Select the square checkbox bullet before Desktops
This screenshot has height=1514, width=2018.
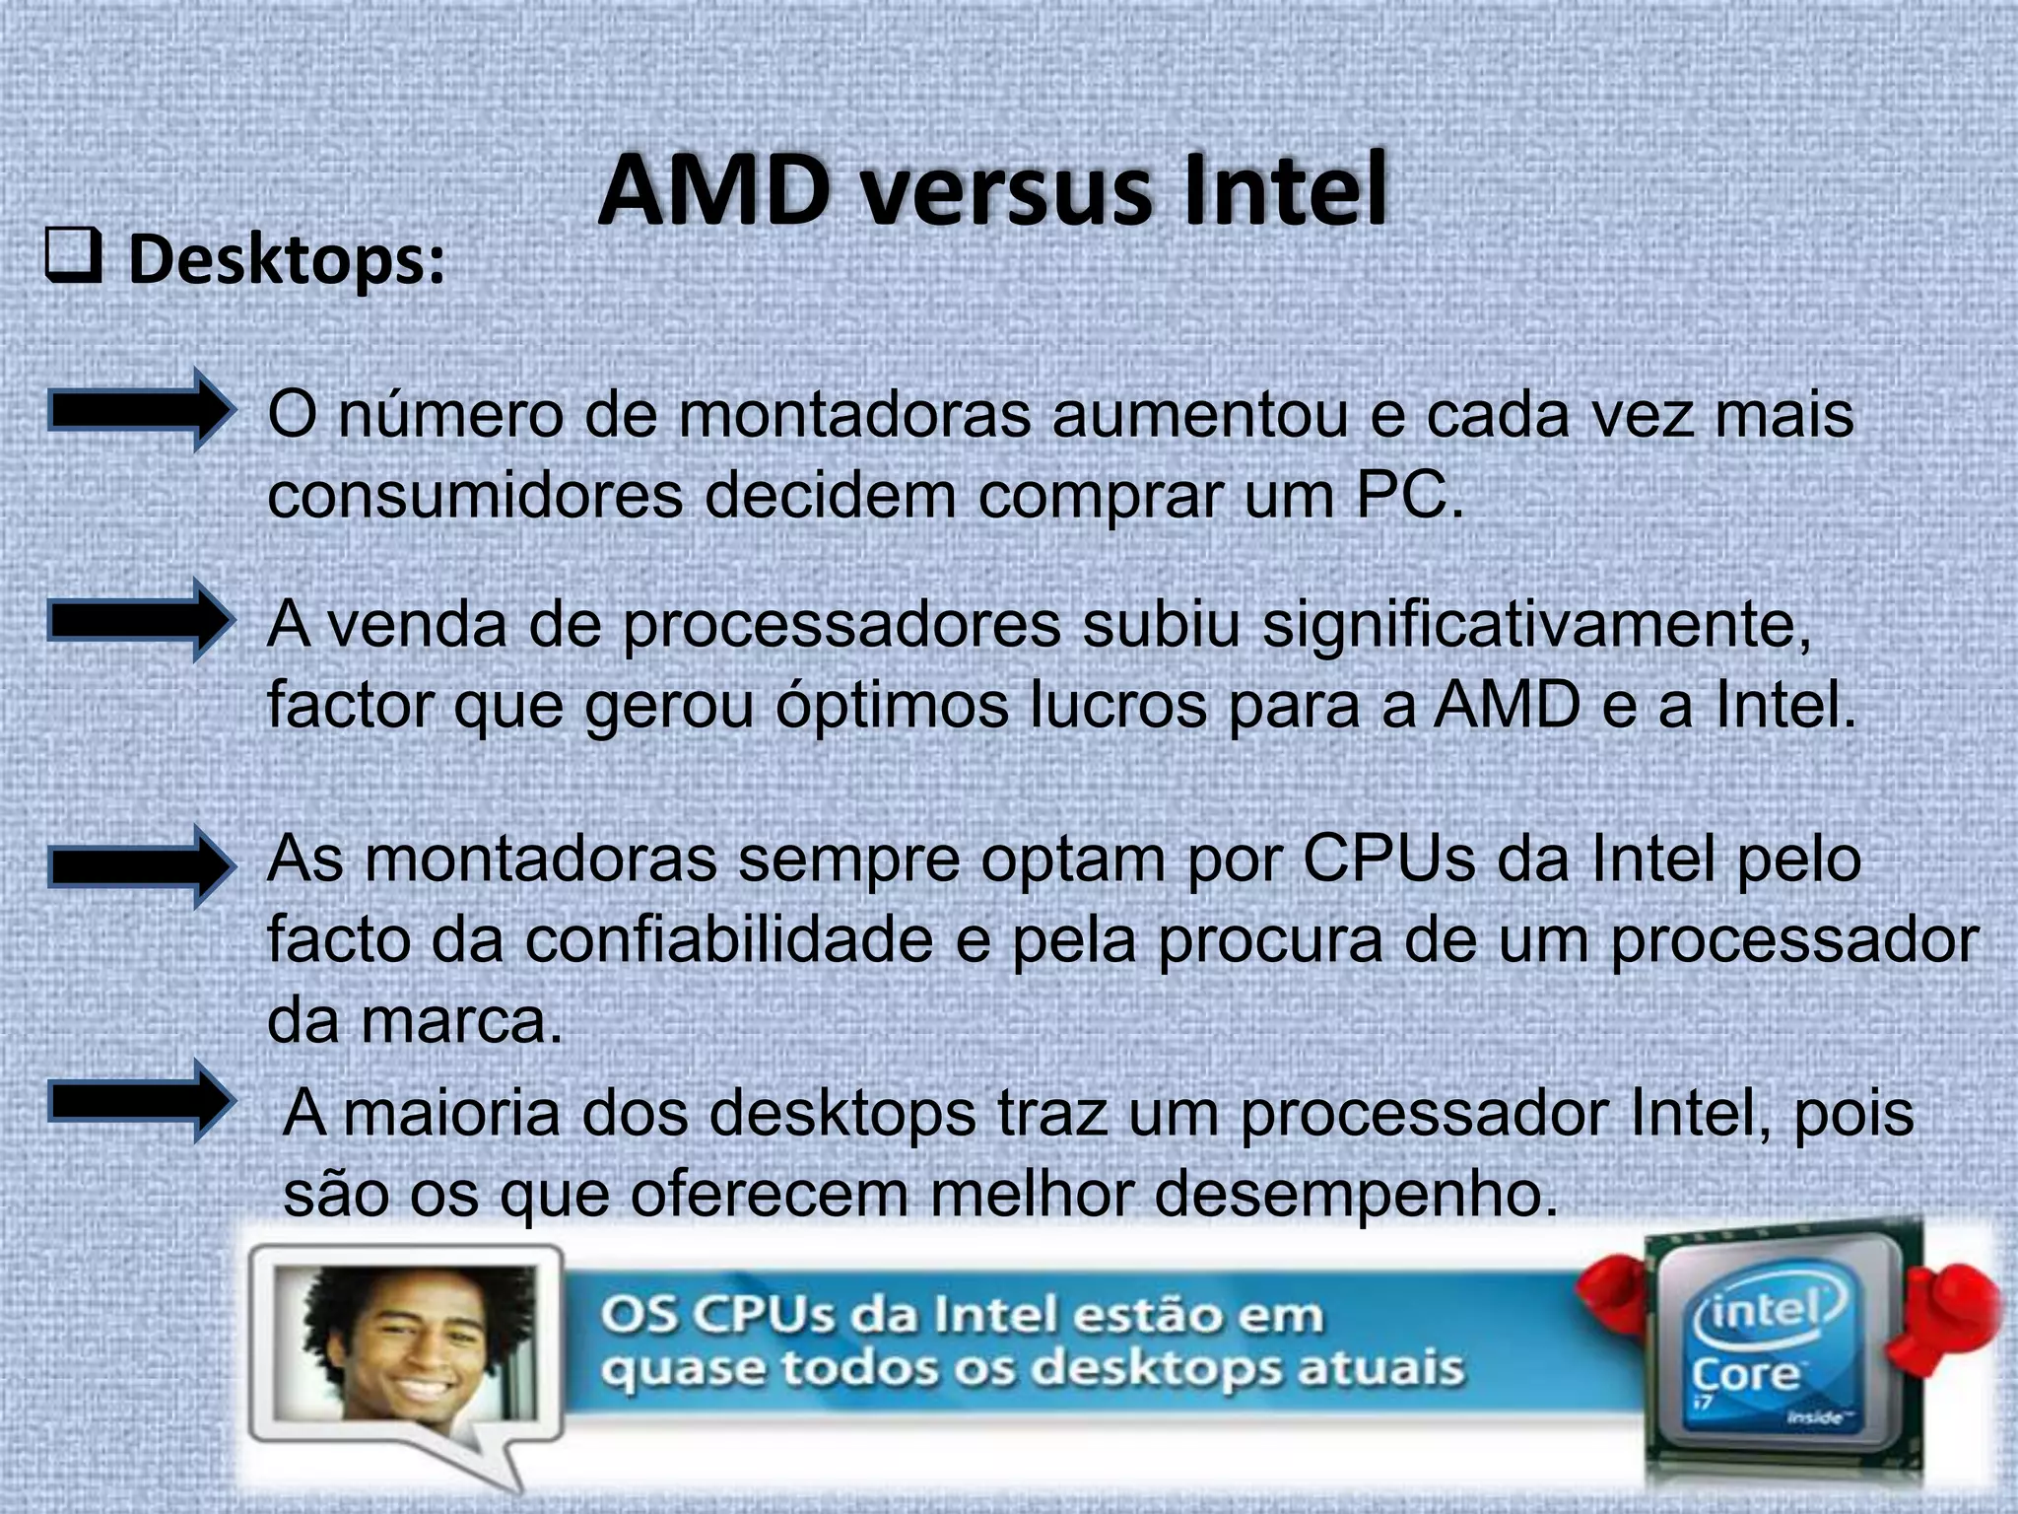(x=73, y=260)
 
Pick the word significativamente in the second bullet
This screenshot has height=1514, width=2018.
(x=1536, y=625)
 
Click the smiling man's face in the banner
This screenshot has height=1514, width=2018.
(x=414, y=1344)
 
